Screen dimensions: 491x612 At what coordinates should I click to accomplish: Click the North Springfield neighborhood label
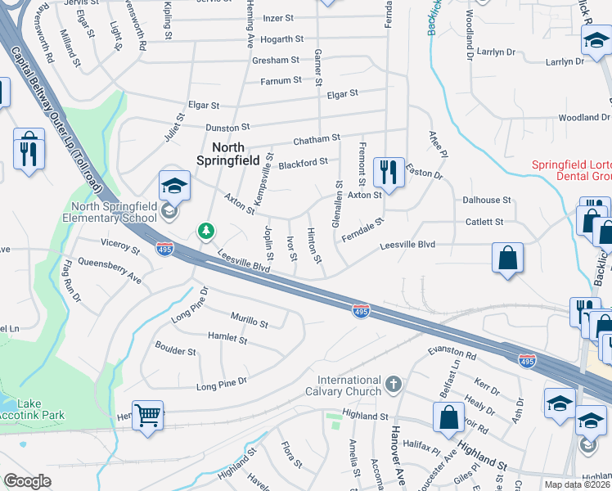point(229,153)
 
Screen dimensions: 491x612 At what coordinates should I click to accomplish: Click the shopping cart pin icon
point(147,415)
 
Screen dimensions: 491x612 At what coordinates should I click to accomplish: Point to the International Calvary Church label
point(349,385)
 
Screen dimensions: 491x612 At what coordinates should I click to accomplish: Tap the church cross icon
point(394,384)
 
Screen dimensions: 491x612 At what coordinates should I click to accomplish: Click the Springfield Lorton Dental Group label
point(571,170)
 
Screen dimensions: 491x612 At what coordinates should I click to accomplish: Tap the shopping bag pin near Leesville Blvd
point(507,259)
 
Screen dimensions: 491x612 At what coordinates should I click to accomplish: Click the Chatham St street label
point(316,139)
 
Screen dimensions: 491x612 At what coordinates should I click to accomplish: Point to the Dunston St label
point(227,128)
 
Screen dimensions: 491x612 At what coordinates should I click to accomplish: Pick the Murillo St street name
point(250,324)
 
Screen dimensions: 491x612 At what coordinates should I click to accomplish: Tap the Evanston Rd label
point(453,353)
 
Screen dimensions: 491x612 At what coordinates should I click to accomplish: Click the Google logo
point(27,481)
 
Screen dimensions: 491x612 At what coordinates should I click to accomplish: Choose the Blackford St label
point(303,164)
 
